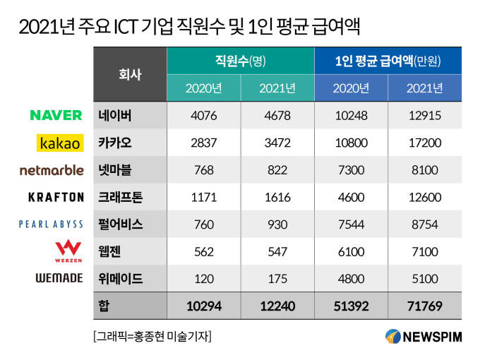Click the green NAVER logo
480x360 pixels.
tap(56, 115)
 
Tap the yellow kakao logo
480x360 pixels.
tap(60, 143)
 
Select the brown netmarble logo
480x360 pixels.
tap(52, 170)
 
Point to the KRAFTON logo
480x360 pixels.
tap(56, 197)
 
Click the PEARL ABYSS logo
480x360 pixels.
tap(51, 224)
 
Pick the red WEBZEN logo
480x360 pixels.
tap(68, 251)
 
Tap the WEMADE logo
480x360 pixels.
tap(59, 278)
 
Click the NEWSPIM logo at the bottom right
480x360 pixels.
tap(424, 337)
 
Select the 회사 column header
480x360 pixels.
tap(130, 74)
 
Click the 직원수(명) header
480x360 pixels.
tap(240, 61)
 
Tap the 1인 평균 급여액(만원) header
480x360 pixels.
tap(388, 61)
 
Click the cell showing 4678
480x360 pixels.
tap(277, 115)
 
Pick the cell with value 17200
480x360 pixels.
tap(425, 143)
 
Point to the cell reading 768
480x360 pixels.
tap(204, 170)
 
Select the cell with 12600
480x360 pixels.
tap(425, 197)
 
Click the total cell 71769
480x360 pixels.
tap(425, 306)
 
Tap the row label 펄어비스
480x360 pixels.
tap(121, 224)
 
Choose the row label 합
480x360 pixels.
tap(104, 306)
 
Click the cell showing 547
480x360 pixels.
tap(277, 251)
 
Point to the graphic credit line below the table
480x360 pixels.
tap(152, 336)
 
